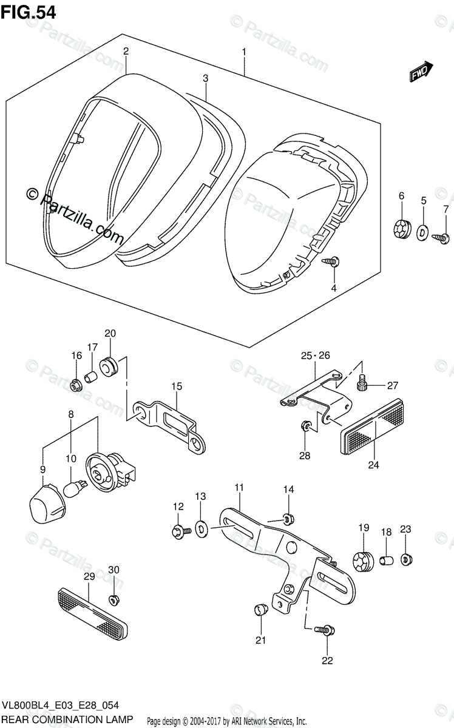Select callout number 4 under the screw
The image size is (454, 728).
(x=333, y=289)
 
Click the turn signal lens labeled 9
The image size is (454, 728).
(x=45, y=504)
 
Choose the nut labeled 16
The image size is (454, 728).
(x=76, y=385)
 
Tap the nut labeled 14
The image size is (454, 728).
(x=288, y=518)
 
